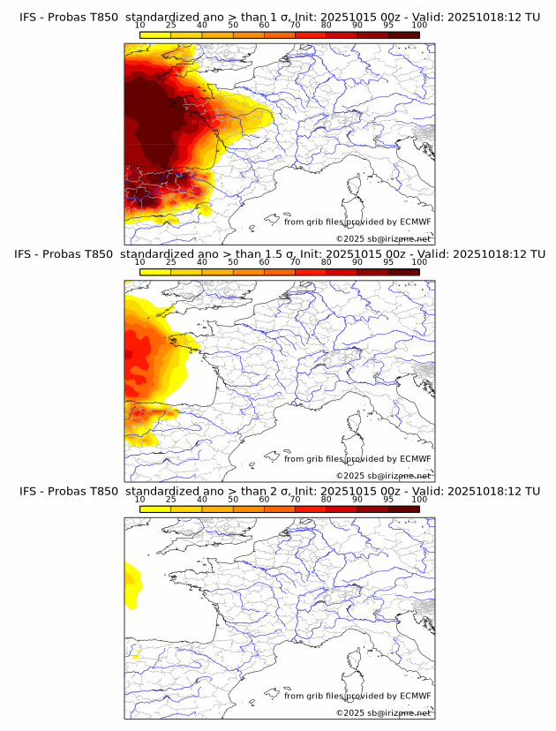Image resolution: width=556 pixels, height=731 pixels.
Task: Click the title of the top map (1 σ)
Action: coord(279,17)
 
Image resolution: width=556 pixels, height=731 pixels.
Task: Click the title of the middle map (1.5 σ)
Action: coord(279,254)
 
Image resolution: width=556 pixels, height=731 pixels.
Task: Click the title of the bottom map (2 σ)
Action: coord(279,491)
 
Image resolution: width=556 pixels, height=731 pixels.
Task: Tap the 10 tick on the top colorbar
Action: coord(140,25)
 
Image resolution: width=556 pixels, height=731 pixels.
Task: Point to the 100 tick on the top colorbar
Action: coord(419,25)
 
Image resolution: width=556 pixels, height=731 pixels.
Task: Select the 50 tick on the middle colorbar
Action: coord(233,262)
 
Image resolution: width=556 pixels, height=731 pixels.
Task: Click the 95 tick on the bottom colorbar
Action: coord(388,499)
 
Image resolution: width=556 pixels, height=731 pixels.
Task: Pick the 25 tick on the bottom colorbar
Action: coord(171,499)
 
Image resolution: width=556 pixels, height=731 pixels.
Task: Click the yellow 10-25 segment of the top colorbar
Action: coord(155,34)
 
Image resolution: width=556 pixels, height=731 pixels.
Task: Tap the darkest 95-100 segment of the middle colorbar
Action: coord(403,272)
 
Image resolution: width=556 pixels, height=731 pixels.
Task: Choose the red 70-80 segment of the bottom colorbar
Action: coord(310,509)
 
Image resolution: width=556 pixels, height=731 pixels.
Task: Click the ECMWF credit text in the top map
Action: coord(357,222)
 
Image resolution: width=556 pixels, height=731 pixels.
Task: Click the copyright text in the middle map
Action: coord(383,476)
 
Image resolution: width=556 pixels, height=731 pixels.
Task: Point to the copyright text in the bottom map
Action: coord(383,712)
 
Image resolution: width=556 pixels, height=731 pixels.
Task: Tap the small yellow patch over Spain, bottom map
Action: coord(137,655)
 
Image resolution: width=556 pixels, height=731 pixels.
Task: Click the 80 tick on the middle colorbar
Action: coord(327,262)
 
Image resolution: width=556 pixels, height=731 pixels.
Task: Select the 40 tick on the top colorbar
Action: coord(202,25)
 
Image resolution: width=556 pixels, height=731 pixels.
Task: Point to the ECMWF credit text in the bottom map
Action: coord(357,696)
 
